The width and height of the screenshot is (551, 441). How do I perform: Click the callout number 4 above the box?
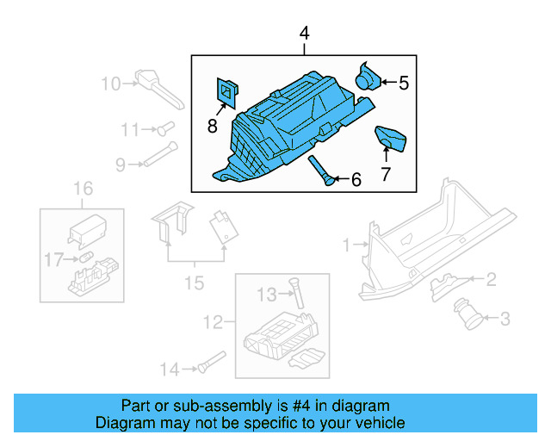[x=303, y=34]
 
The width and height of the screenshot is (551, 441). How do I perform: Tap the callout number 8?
[x=212, y=127]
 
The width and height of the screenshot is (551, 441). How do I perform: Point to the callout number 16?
[x=82, y=189]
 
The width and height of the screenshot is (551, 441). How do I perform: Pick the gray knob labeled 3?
[x=472, y=314]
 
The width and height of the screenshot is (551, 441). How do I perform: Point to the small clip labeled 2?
[x=443, y=282]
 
